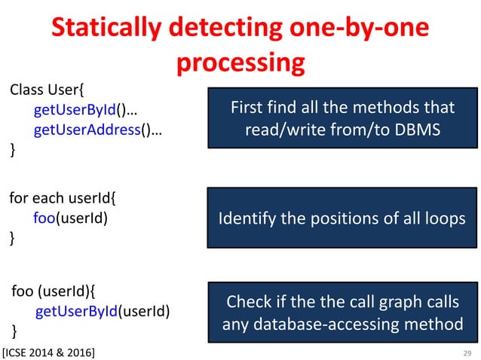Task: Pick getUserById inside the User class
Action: [73, 111]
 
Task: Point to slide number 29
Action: [466, 352]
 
